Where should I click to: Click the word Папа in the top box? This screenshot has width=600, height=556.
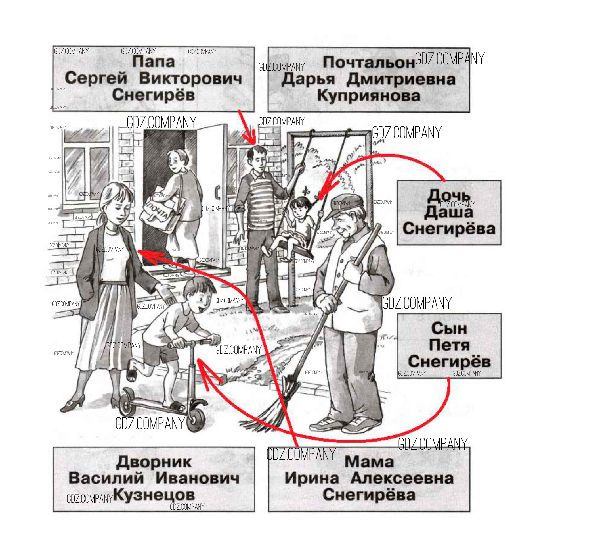click(153, 62)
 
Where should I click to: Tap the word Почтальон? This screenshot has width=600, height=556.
click(368, 63)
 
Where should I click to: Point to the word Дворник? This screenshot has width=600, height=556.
click(154, 462)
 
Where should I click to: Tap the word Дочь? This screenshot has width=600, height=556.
click(448, 196)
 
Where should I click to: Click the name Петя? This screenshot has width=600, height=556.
click(449, 345)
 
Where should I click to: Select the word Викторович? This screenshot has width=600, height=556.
click(190, 78)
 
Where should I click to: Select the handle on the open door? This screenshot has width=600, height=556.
click(217, 193)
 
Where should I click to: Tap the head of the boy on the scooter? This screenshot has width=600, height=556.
click(198, 293)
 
